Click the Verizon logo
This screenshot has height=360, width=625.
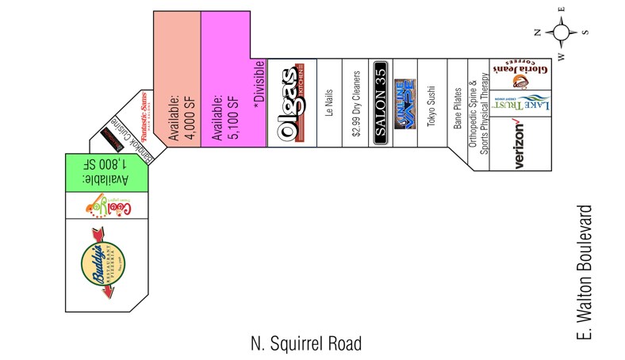pyautogui.click(x=520, y=144)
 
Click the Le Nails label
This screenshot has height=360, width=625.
pyautogui.click(x=329, y=103)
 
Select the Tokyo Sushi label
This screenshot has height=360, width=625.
pyautogui.click(x=431, y=103)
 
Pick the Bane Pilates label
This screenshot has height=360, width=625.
pyautogui.click(x=458, y=109)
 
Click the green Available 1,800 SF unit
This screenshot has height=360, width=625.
pyautogui.click(x=107, y=170)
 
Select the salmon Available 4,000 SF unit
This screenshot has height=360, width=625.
pyautogui.click(x=176, y=111)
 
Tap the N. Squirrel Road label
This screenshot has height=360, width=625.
pyautogui.click(x=305, y=343)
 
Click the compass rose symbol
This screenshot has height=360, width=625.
pyautogui.click(x=561, y=33)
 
